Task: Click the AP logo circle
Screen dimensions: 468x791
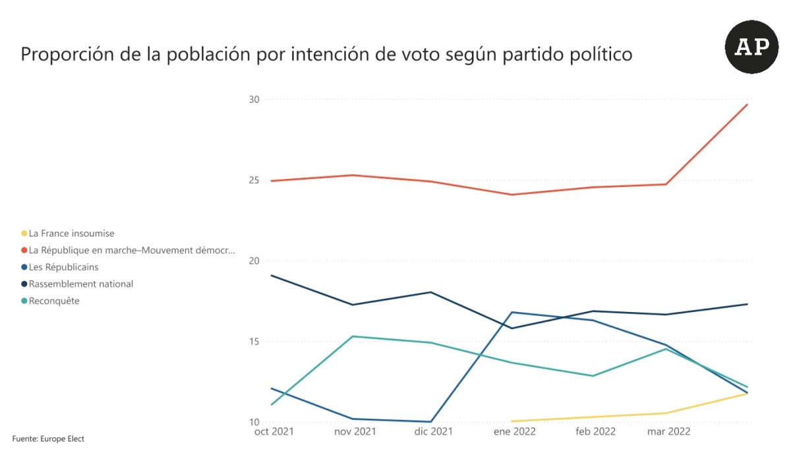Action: [x=751, y=47]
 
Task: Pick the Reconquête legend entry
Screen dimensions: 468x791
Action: [x=54, y=301]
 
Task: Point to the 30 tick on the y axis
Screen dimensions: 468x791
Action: [x=254, y=99]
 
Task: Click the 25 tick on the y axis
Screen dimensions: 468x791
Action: [x=254, y=180]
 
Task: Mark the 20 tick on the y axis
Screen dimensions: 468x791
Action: [x=254, y=261]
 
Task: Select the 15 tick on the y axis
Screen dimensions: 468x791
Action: [x=254, y=342]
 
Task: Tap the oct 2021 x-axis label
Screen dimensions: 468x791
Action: [x=274, y=432]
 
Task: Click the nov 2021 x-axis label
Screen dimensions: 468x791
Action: [x=355, y=432]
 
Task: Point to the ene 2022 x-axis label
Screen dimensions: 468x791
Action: [x=514, y=432]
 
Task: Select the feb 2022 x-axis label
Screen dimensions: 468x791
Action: [x=595, y=432]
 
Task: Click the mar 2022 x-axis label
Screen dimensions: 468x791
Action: [x=668, y=432]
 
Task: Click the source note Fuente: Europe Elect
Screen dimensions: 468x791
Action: [x=48, y=439]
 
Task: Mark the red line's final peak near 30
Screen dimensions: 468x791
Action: [x=747, y=105]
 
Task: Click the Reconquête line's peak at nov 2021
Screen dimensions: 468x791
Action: [x=353, y=336]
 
